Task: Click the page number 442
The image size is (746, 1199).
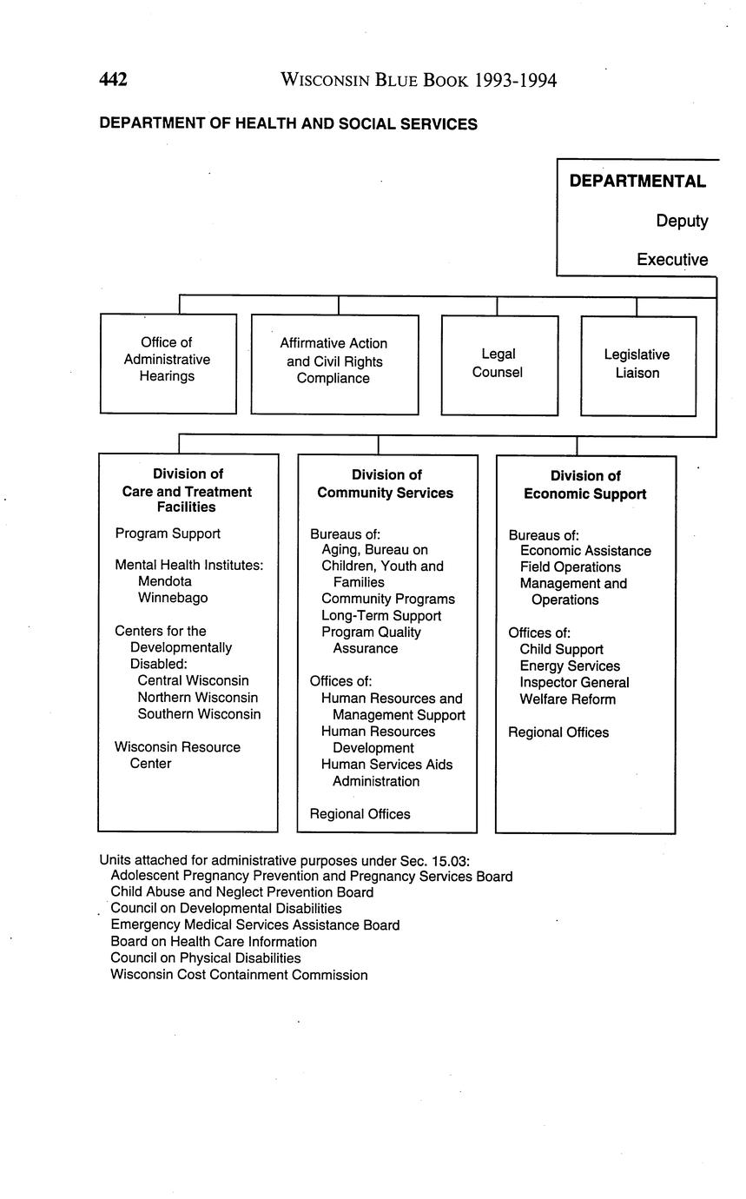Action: click(114, 81)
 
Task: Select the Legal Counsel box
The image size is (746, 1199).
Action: click(498, 364)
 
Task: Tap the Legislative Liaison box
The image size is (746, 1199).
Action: click(637, 365)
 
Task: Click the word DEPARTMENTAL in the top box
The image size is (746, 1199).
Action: click(637, 182)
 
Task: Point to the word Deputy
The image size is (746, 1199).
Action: click(682, 222)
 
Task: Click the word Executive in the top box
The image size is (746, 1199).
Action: click(671, 260)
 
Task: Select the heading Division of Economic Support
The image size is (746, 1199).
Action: click(585, 486)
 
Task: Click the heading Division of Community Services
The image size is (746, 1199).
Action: click(386, 485)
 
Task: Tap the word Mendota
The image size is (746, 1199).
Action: click(165, 581)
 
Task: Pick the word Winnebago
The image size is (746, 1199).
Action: click(173, 598)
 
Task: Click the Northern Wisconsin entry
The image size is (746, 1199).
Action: click(197, 698)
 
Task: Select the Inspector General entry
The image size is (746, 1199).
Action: click(574, 683)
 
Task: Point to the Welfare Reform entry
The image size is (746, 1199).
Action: click(567, 699)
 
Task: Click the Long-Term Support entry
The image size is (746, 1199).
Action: click(381, 616)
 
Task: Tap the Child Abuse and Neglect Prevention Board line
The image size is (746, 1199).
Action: click(242, 892)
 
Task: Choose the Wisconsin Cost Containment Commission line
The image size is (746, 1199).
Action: click(239, 975)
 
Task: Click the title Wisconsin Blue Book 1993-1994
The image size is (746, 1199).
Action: click(419, 81)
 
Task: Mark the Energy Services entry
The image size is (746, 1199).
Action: click(570, 666)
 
